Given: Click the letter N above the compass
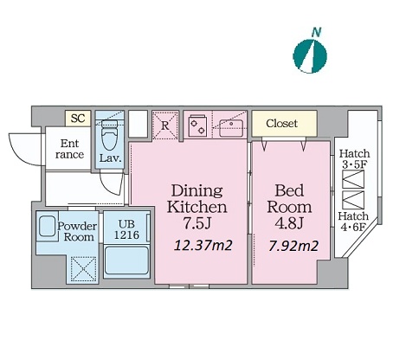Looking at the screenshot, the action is [x=317, y=32].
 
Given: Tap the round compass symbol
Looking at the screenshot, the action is [x=310, y=55].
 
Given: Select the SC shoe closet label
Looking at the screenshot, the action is [x=78, y=118].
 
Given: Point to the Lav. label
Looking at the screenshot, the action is [x=110, y=158].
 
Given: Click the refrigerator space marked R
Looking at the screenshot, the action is [x=165, y=125].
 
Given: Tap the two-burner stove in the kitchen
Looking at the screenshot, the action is [x=197, y=125].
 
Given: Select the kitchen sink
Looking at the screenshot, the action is [x=231, y=128].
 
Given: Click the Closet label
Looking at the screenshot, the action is [x=281, y=124].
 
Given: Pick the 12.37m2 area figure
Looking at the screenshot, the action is [x=203, y=246].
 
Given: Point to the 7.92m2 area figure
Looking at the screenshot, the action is [x=293, y=246].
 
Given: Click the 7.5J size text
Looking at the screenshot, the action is [x=197, y=222].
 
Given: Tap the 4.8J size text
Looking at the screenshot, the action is [x=289, y=222].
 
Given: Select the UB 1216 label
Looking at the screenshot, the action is [x=126, y=229].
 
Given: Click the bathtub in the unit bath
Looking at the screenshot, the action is [x=126, y=261].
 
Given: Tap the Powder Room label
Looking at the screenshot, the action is [x=77, y=232].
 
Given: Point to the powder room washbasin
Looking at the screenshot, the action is [x=47, y=226].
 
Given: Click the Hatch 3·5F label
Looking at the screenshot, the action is [x=354, y=158].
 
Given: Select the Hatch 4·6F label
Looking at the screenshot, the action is [x=353, y=222].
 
